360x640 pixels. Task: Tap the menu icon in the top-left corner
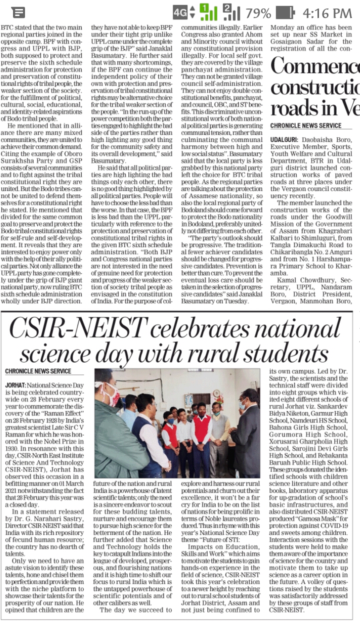(18, 12)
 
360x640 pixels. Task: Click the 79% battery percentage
(258, 12)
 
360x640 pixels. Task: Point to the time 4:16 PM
(327, 12)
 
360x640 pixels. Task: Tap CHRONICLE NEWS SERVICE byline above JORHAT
(38, 371)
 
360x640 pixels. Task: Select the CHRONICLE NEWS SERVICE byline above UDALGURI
(305, 125)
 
